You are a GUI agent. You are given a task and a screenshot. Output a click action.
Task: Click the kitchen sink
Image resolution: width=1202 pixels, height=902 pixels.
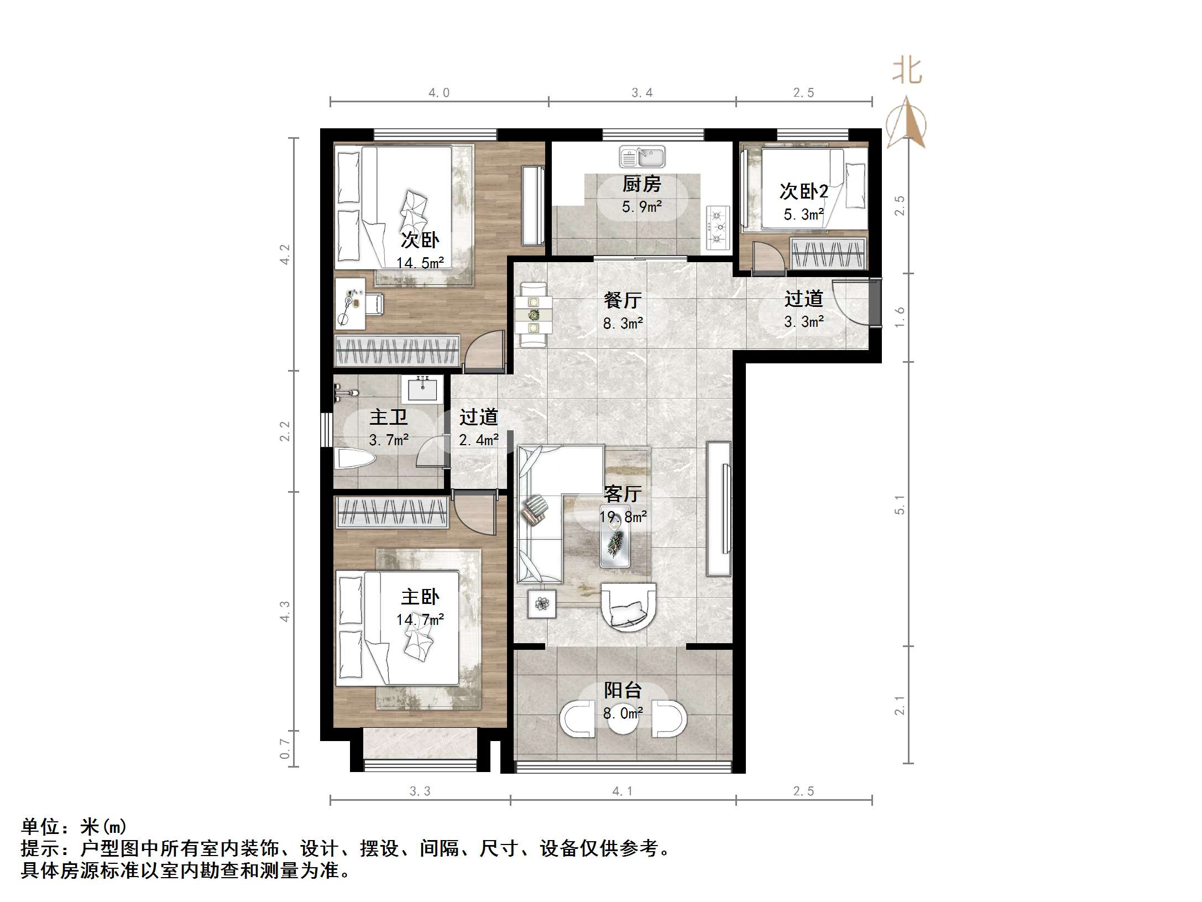(642, 157)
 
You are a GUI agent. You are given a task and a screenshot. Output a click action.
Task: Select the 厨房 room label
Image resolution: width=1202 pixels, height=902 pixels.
(641, 184)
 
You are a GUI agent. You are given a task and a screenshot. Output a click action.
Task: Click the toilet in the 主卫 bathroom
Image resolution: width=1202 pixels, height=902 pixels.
(354, 459)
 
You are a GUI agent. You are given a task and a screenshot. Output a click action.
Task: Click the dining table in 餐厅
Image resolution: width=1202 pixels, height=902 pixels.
(534, 315)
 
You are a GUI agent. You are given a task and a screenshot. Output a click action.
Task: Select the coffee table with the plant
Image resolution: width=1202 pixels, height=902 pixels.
(615, 543)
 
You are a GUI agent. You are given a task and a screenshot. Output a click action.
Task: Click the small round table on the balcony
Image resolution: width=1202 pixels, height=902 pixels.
(624, 720)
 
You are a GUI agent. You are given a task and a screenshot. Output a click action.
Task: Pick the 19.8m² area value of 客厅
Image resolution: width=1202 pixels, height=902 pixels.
(623, 517)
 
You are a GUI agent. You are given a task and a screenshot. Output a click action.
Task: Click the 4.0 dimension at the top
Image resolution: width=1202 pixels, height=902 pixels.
(439, 93)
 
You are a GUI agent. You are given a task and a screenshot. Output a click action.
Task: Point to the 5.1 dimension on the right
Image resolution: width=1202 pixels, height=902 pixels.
(900, 504)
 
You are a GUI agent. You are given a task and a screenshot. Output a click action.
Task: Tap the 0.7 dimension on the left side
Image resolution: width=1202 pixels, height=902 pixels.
(285, 749)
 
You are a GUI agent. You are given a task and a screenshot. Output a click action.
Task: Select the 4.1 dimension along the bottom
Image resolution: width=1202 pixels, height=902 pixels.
(623, 791)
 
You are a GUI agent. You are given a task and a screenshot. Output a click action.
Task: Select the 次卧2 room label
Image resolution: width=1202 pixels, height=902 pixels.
(803, 191)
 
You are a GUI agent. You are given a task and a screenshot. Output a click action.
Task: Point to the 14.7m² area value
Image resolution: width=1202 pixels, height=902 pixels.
(420, 619)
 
